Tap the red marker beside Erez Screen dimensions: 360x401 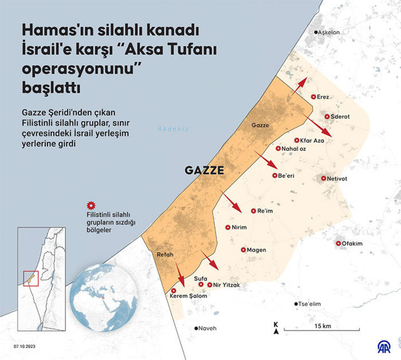(x=314, y=97)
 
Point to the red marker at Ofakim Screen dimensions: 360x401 (x=338, y=243)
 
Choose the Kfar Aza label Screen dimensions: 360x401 (x=311, y=141)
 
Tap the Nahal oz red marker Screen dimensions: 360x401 (x=279, y=149)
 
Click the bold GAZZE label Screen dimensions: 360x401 (x=204, y=170)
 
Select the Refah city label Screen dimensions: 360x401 (x=164, y=255)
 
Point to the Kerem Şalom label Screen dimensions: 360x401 (x=189, y=297)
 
